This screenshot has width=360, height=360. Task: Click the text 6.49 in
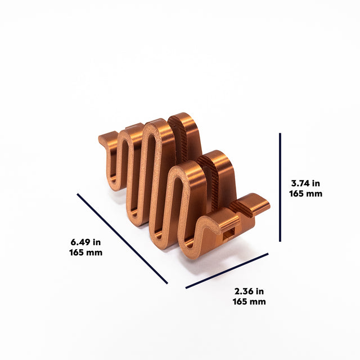pyautogui.click(x=86, y=242)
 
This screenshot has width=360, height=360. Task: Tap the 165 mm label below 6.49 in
pyautogui.click(x=86, y=252)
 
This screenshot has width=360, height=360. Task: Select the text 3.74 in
pyautogui.click(x=305, y=183)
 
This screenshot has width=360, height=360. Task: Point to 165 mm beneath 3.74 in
pyautogui.click(x=305, y=193)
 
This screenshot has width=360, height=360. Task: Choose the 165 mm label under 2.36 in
pyautogui.click(x=249, y=301)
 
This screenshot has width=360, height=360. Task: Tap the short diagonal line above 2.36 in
pyautogui.click(x=227, y=271)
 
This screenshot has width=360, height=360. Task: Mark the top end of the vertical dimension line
pyautogui.click(x=280, y=134)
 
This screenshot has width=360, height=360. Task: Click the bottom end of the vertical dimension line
pyautogui.click(x=280, y=241)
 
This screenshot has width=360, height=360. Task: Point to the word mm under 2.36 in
pyautogui.click(x=258, y=301)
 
